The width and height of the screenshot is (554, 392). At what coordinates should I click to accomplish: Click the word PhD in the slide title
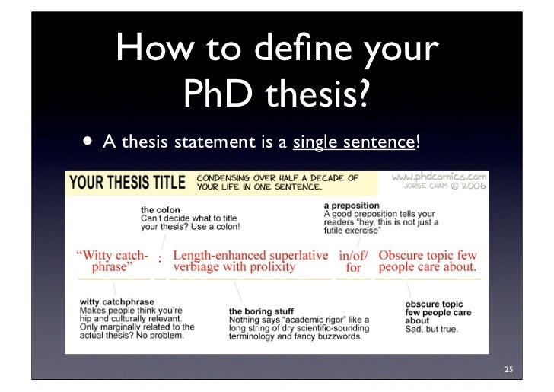(x=217, y=94)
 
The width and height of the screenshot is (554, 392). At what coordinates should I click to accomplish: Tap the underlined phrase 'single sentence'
(x=355, y=142)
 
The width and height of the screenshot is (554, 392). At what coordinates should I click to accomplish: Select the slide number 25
(x=508, y=371)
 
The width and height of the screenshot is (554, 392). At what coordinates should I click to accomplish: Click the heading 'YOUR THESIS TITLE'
(x=128, y=183)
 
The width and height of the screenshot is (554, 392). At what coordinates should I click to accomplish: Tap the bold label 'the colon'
(x=160, y=209)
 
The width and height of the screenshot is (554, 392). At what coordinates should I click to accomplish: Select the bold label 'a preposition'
(x=352, y=206)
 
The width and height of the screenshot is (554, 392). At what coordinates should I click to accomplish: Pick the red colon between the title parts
(x=160, y=260)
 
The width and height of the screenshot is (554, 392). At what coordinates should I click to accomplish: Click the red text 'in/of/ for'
(x=354, y=261)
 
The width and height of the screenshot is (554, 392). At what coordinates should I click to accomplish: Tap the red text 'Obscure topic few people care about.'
(x=428, y=261)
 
